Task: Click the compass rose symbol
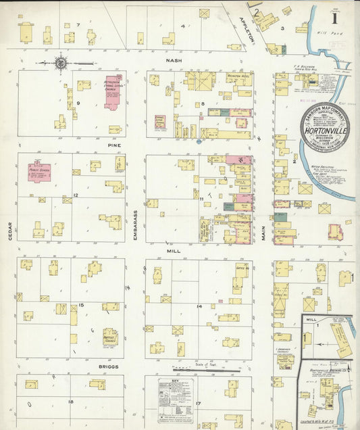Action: click(61, 64)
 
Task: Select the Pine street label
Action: click(113, 144)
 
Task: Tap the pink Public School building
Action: click(39, 174)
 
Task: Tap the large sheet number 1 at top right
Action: click(334, 11)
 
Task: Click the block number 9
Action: click(78, 103)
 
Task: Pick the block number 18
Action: click(70, 402)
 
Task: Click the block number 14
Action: click(199, 306)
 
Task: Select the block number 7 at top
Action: click(78, 25)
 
